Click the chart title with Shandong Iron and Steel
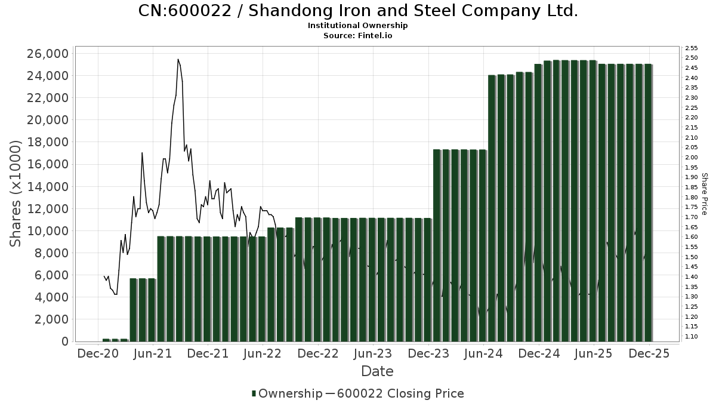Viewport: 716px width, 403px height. point(358,11)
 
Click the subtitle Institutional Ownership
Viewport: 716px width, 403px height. point(358,26)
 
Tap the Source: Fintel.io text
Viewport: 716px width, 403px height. point(358,36)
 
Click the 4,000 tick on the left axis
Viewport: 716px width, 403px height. point(50,297)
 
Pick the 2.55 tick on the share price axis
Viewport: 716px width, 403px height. point(692,48)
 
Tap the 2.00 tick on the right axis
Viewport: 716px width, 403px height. point(692,157)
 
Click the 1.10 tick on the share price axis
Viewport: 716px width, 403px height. point(692,337)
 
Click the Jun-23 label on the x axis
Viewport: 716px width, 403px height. point(373,353)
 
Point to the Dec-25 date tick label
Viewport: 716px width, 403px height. point(649,353)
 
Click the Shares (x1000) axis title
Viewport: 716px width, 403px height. point(16,194)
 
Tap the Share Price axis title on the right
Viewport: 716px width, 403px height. point(704,194)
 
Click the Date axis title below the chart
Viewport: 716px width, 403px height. point(377,371)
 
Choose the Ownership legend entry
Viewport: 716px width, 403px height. point(286,393)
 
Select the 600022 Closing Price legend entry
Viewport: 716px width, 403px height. point(400,393)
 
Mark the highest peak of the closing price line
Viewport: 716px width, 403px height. point(178,60)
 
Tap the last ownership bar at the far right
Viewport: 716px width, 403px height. point(648,203)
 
